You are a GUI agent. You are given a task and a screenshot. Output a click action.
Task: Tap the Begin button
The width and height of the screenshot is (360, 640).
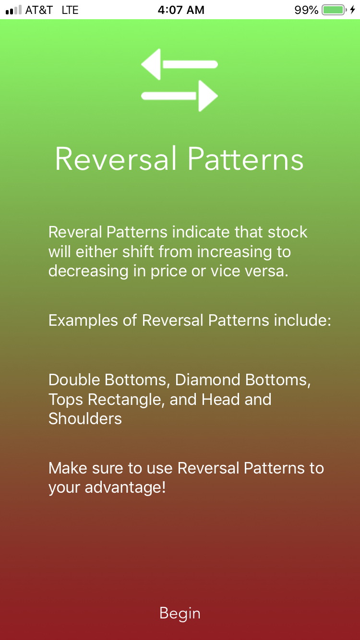(180, 613)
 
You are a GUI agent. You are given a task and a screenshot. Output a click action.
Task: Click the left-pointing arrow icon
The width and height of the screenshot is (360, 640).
(179, 65)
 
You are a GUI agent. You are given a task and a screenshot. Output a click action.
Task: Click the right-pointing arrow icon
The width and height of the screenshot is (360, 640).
(180, 96)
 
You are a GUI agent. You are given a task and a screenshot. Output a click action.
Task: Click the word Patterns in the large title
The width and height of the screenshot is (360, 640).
(245, 159)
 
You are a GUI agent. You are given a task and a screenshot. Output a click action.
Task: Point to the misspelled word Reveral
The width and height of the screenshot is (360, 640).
(75, 232)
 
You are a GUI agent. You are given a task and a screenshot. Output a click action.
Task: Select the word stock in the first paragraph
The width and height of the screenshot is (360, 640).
(287, 232)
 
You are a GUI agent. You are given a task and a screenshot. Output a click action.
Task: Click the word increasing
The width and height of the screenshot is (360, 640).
(230, 251)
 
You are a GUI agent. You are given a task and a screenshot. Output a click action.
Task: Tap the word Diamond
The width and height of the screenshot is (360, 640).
(207, 380)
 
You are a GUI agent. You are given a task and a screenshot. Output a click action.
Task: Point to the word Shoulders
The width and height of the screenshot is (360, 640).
(85, 419)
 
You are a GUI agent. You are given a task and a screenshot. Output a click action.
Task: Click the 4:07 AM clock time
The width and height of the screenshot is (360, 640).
(181, 10)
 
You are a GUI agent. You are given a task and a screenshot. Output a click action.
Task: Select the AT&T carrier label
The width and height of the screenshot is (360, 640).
(39, 10)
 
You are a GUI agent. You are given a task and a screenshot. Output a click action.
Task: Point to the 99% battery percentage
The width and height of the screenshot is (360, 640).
(306, 10)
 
